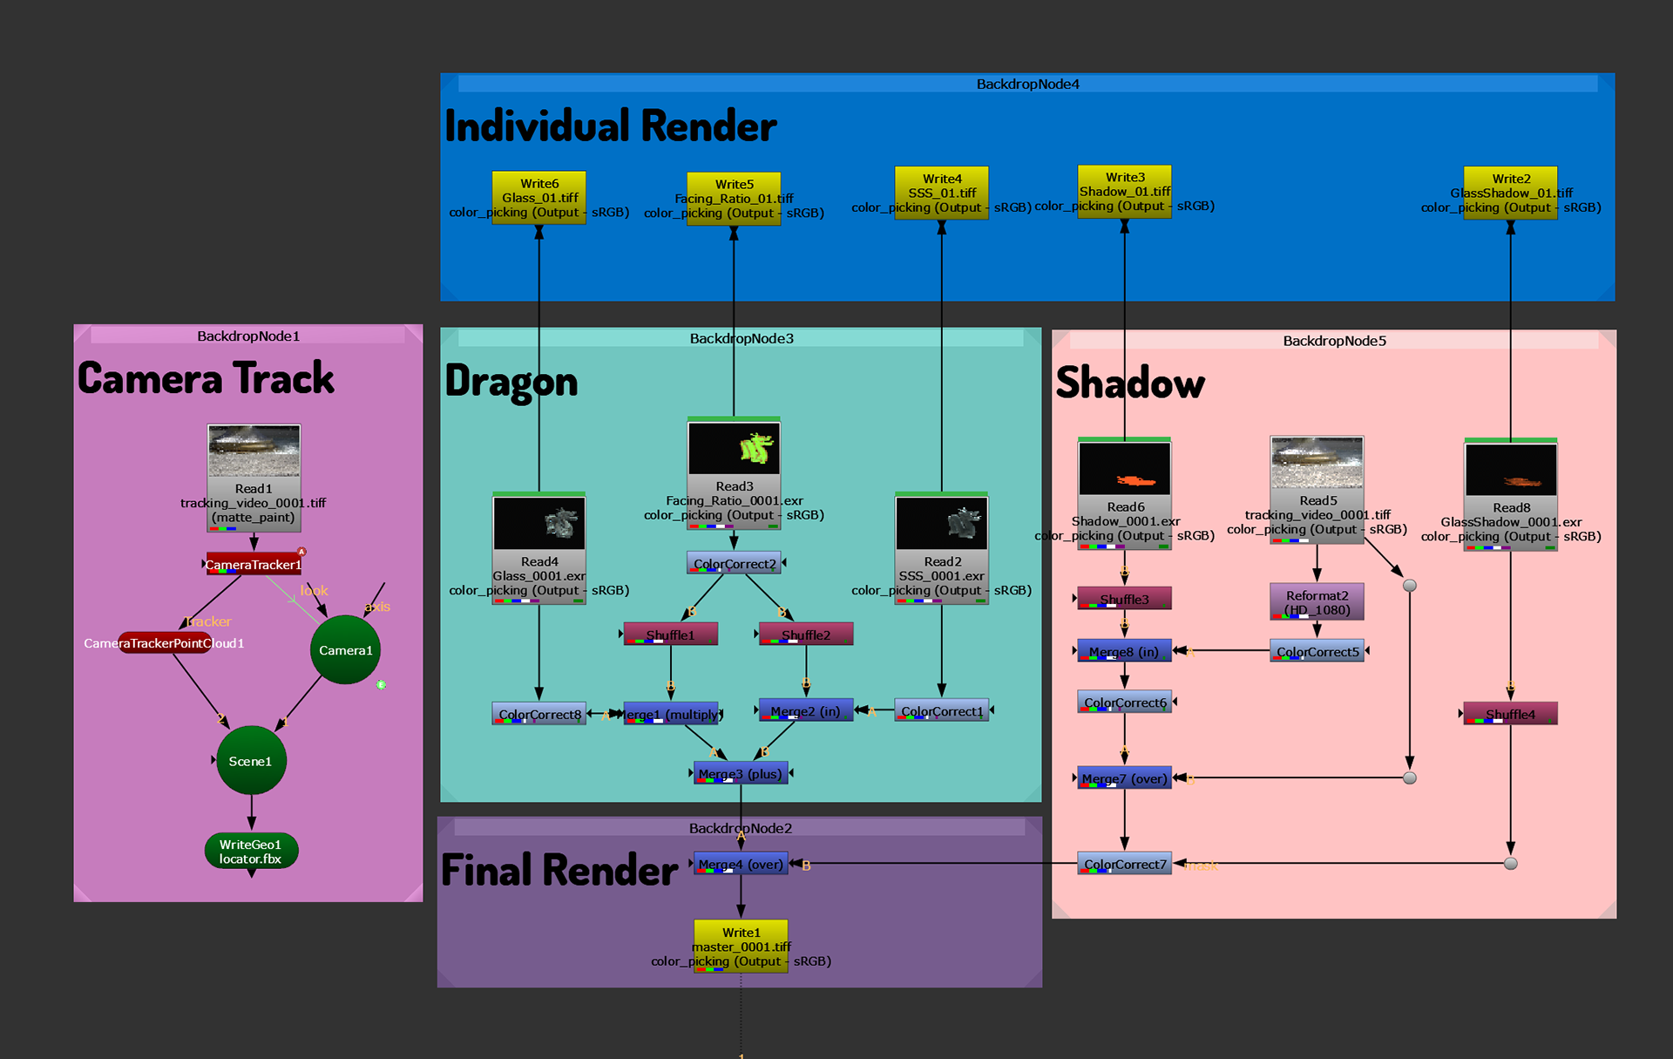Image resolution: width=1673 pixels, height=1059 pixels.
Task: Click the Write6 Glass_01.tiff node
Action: point(539,198)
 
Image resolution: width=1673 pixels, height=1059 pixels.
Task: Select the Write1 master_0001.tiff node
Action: point(741,947)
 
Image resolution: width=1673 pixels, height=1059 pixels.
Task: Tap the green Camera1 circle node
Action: point(345,650)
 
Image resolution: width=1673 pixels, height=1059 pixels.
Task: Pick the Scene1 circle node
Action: point(251,761)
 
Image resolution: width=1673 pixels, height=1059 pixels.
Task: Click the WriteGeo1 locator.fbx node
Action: point(251,852)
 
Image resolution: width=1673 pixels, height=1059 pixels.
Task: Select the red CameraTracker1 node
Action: point(254,565)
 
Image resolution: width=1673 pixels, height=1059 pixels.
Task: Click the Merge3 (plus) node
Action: point(741,774)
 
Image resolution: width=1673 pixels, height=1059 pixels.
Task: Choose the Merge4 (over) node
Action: point(741,865)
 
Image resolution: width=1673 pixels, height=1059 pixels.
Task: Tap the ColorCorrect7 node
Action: point(1125,864)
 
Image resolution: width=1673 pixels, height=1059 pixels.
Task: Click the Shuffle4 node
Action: point(1510,715)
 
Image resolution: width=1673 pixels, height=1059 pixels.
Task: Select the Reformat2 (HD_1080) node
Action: point(1317,602)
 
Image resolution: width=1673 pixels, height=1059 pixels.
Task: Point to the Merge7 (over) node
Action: point(1124,778)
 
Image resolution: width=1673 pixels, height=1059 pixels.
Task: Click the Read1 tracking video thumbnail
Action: point(254,451)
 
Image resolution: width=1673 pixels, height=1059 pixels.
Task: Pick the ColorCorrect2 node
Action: point(735,564)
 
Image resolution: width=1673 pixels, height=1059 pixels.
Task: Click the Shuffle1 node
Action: point(671,635)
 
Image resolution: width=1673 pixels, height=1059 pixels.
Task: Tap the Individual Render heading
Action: point(610,126)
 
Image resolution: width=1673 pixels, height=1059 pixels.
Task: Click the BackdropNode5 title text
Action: point(1334,341)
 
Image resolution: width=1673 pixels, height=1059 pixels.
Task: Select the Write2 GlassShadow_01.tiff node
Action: point(1510,193)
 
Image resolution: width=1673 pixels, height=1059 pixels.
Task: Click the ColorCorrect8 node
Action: point(539,715)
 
